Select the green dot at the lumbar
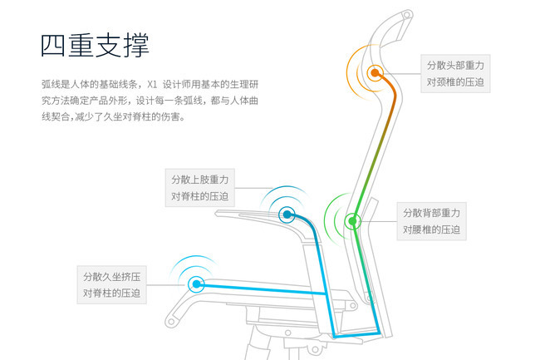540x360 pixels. point(352,220)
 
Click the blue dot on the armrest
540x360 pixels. point(287,214)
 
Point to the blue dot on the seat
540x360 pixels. point(197,284)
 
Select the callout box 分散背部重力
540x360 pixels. point(431,220)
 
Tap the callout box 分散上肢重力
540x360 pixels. point(199,188)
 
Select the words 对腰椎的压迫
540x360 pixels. point(431,229)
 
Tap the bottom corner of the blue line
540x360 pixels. point(335,335)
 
